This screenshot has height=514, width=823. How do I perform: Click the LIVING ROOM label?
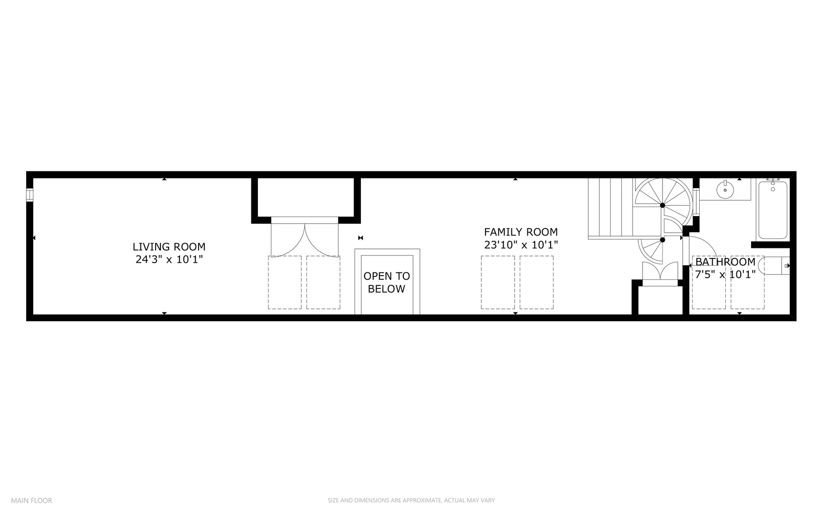[169, 247]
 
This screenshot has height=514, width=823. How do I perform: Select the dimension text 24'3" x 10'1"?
[169, 259]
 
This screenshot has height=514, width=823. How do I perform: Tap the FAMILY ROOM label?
[521, 232]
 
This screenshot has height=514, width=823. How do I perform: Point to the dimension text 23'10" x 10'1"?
[521, 245]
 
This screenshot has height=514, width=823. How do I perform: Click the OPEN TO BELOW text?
[387, 282]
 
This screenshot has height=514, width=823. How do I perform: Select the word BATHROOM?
[725, 262]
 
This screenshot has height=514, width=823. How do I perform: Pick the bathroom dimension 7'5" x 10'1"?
[725, 275]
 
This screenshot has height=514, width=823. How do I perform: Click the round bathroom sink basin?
[725, 190]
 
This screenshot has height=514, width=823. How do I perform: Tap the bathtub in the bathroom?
[772, 210]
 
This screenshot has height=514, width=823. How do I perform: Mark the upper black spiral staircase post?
[662, 205]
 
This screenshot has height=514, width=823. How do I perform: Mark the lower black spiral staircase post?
[662, 240]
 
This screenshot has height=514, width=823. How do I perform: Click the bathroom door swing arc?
[704, 245]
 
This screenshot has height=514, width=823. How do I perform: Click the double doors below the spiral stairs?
[660, 273]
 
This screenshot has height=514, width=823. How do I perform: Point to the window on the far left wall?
[30, 195]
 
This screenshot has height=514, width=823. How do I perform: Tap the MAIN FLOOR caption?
[31, 500]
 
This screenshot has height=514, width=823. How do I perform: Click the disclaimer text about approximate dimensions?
[411, 500]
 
